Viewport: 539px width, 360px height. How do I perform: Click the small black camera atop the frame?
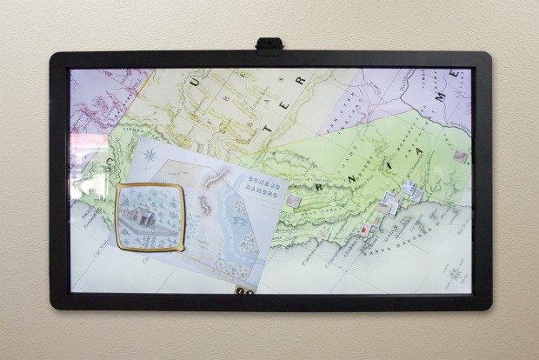(x=269, y=43)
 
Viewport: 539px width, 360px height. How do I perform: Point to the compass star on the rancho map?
(x=151, y=157)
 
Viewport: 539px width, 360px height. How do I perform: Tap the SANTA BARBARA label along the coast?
(x=405, y=247)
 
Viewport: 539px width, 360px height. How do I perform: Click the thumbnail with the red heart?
(x=363, y=230)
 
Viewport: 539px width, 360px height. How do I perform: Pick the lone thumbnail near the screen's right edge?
(x=459, y=157)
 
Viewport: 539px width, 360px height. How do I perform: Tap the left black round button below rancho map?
(x=243, y=293)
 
